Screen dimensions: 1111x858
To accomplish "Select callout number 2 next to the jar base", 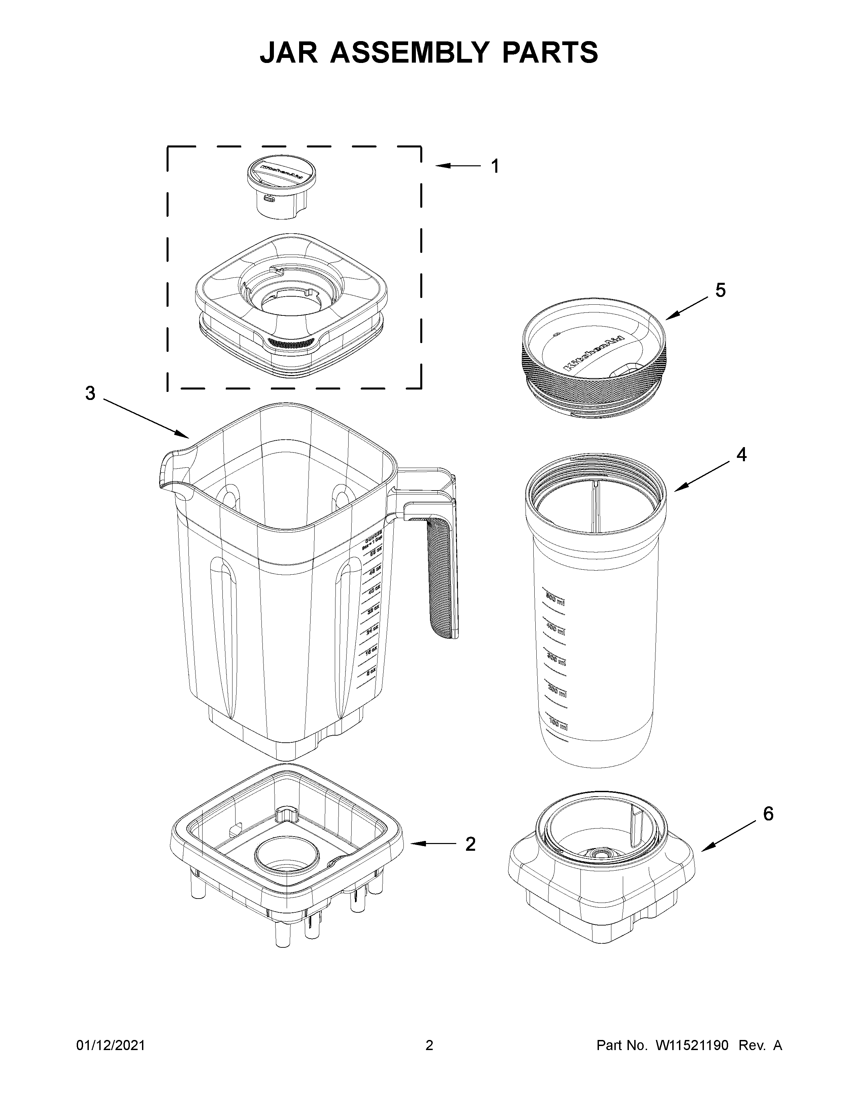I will pyautogui.click(x=470, y=844).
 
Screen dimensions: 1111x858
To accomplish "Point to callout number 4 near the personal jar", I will pyautogui.click(x=742, y=455).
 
